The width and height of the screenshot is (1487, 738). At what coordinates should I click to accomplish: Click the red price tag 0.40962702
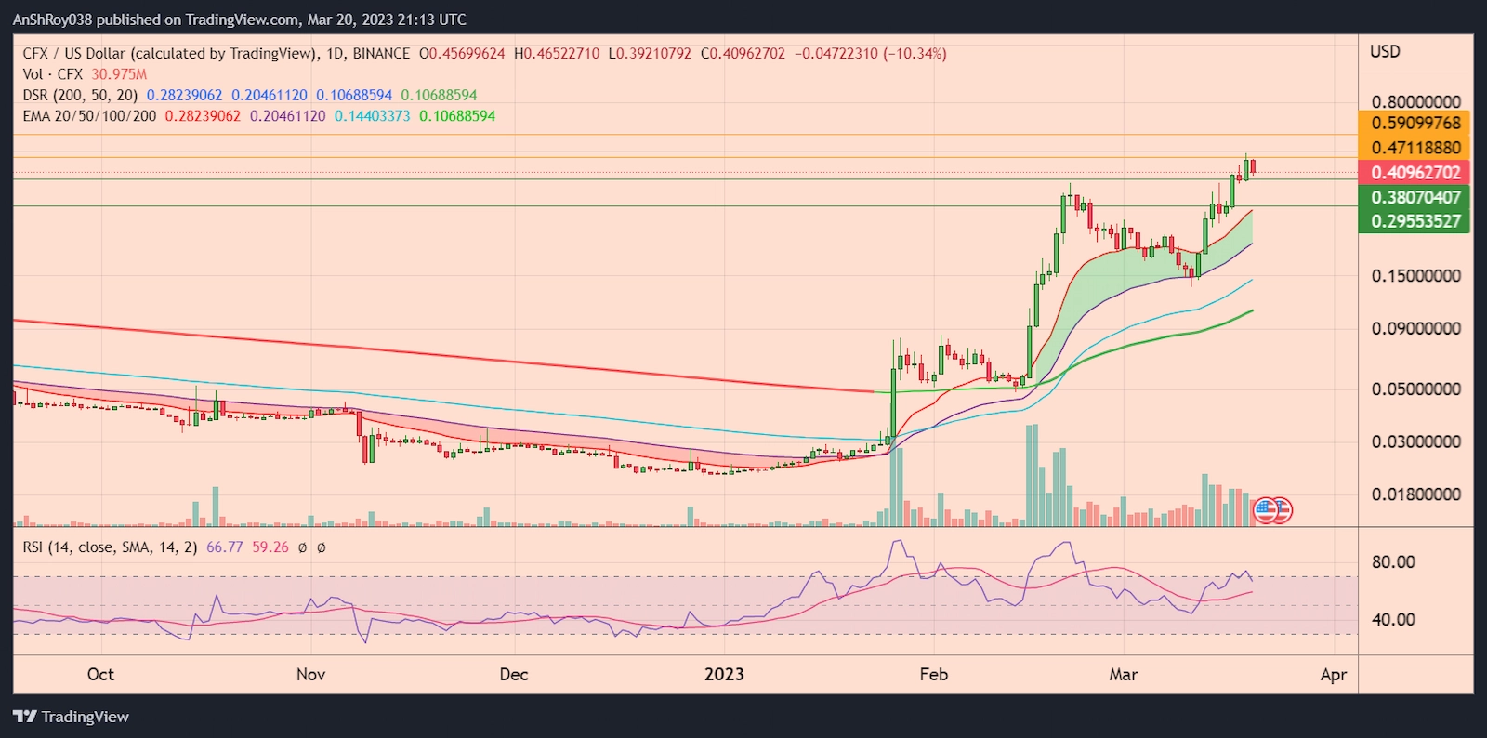coord(1415,173)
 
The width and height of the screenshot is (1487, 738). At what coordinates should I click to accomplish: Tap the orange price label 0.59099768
coord(1415,123)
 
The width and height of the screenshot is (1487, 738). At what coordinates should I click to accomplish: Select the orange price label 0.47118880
coord(1415,148)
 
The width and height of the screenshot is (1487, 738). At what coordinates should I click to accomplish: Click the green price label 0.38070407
coord(1415,197)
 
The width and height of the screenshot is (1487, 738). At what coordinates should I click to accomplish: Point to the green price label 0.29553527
coord(1415,221)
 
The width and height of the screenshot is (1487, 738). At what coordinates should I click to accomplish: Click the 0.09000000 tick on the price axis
coord(1415,328)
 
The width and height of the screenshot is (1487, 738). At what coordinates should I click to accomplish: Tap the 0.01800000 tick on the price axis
coord(1415,494)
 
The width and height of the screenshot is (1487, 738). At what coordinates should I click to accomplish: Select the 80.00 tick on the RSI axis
coord(1393,562)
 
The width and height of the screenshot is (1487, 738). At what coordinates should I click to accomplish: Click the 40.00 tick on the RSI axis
coord(1393,619)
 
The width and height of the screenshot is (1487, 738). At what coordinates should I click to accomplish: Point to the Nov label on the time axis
coord(310,675)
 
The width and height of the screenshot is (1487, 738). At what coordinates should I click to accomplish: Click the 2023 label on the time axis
coord(724,675)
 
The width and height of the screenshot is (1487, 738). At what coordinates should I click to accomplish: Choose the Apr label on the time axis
coord(1333,675)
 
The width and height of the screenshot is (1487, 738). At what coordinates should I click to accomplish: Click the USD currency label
coord(1385,52)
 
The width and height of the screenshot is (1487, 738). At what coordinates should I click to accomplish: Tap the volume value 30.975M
coord(119,74)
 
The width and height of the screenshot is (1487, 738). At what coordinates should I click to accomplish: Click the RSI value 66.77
coord(224,547)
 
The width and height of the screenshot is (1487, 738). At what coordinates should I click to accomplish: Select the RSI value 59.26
coord(270,547)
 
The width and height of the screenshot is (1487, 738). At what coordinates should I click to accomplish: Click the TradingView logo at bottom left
coord(72,717)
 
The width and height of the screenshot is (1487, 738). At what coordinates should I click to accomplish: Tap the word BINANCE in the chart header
coord(381,54)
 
